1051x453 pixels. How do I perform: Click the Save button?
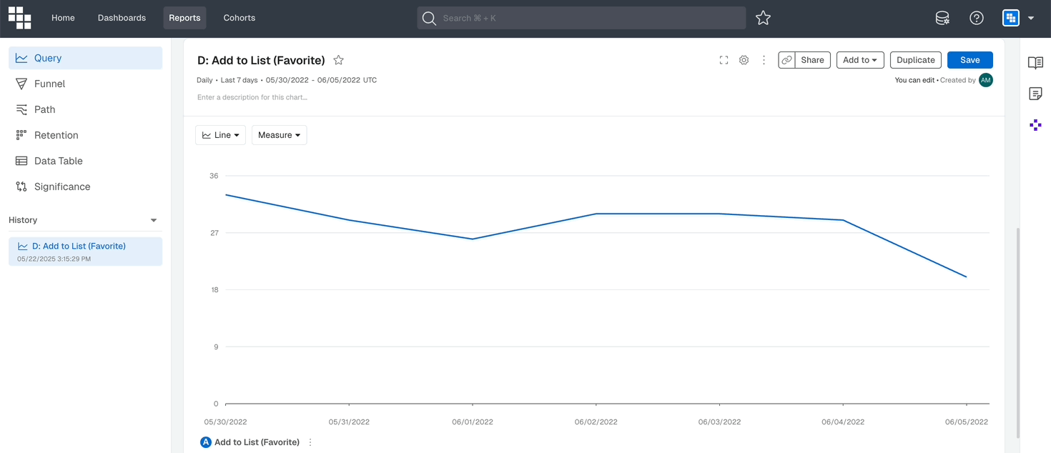point(969,60)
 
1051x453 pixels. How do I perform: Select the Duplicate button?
point(915,60)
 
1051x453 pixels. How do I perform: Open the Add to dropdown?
point(859,60)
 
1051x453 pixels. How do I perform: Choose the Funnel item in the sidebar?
point(49,84)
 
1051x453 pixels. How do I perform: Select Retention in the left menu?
point(56,135)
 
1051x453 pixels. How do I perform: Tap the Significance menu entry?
point(62,186)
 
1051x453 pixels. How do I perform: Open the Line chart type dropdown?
point(220,135)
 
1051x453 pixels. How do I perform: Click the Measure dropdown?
point(279,135)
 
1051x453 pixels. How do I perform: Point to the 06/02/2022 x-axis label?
point(596,422)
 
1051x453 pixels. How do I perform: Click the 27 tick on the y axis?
point(214,233)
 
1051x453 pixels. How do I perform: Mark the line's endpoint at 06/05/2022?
point(967,277)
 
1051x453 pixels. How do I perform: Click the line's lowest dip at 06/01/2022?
point(473,239)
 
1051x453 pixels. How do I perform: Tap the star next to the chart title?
point(339,60)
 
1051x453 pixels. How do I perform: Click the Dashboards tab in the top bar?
point(122,18)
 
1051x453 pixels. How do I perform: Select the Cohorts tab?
point(239,18)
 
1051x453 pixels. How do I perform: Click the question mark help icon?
point(977,19)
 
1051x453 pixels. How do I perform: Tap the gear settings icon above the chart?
point(744,60)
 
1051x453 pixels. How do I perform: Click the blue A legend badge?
point(206,442)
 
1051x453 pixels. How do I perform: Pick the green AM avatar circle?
point(986,80)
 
